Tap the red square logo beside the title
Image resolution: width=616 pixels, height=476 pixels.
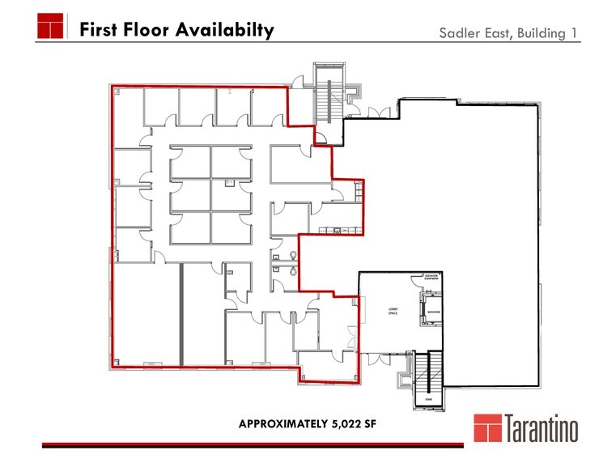50,26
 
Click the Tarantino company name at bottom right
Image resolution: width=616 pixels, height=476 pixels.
542,429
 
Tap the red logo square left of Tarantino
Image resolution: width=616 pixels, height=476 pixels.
487,428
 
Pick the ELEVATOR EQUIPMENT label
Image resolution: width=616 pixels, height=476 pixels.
431,277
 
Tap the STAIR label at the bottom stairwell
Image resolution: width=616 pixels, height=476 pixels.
428,399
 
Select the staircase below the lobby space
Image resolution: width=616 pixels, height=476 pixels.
427,372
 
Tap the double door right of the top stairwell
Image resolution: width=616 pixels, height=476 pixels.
373,111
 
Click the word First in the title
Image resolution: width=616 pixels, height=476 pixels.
99,30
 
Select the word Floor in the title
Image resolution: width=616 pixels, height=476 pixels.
145,30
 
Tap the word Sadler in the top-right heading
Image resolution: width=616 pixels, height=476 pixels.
459,33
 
